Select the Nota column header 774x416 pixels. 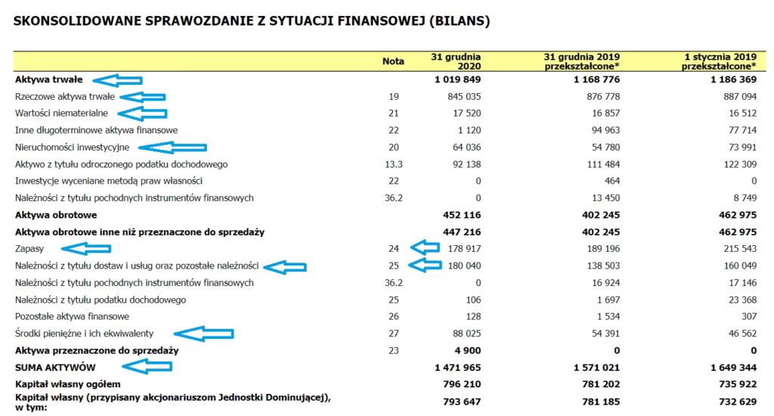point(393,61)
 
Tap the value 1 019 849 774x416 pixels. point(457,79)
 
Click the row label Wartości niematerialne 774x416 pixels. point(60,113)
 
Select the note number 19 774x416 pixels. point(393,96)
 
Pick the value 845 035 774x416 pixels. point(463,96)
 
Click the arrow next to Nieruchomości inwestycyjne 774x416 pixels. point(172,147)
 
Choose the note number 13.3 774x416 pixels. point(393,164)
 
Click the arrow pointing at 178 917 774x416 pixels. point(426,247)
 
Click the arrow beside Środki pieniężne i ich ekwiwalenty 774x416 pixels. point(204,333)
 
